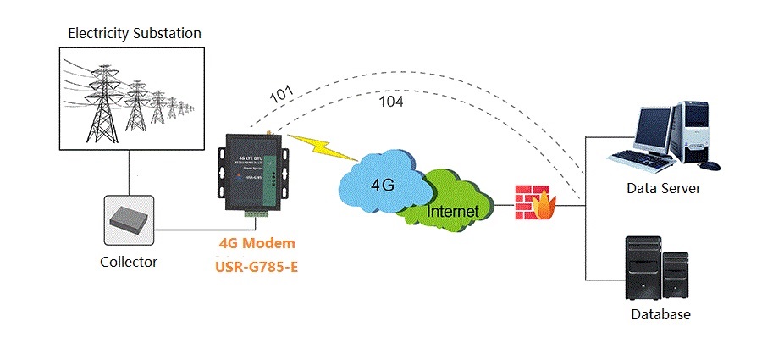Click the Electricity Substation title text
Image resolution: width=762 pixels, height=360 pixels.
point(135,34)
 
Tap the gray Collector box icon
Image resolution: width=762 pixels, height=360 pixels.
point(129,219)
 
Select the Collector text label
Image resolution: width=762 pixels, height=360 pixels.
point(129,262)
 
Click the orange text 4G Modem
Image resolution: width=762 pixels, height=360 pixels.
point(257,243)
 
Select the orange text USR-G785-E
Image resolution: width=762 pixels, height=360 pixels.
point(257,265)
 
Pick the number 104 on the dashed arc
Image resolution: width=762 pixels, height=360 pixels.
point(390,102)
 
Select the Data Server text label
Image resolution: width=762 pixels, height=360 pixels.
point(663,188)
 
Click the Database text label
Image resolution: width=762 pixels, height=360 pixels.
point(660,314)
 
